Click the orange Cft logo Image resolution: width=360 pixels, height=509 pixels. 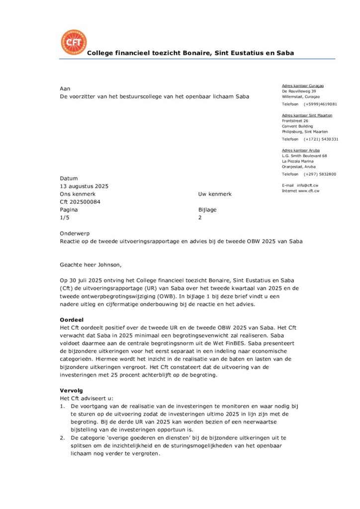[73, 42]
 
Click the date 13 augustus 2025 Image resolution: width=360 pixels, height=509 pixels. [84, 186]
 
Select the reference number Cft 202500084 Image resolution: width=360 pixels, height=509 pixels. [80, 202]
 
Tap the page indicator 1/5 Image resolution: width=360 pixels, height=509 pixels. [65, 218]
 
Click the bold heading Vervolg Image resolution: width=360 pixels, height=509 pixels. [72, 391]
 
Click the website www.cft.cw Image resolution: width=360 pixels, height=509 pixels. [308, 190]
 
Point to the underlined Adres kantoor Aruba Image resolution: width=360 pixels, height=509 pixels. [301, 150]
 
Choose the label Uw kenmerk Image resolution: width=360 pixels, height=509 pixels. [215, 194]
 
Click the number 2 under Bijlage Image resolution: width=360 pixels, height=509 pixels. [200, 218]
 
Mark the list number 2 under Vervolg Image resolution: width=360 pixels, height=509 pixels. [62, 438]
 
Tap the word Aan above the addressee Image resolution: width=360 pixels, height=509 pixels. [65, 88]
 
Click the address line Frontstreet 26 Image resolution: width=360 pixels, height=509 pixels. [295, 121]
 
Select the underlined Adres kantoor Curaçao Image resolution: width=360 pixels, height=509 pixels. [303, 86]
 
